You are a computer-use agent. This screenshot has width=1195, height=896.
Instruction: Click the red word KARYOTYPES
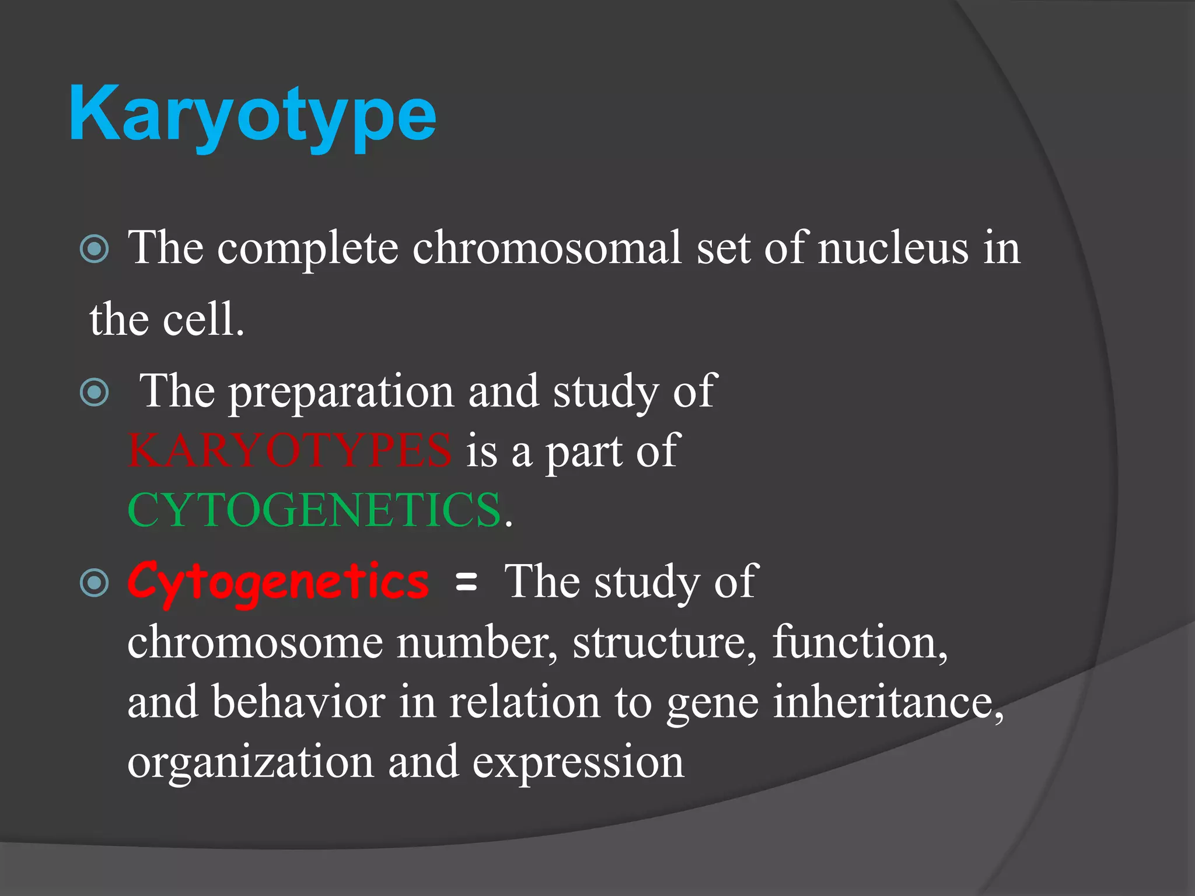[x=290, y=450]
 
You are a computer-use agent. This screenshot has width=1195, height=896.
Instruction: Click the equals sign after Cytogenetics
[x=466, y=582]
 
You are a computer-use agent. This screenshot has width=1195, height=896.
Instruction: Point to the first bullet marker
[x=95, y=249]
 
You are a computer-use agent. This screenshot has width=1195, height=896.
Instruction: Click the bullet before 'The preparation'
[x=95, y=392]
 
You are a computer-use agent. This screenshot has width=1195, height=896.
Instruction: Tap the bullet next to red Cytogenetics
[x=95, y=582]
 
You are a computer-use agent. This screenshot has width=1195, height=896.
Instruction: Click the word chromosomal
[x=547, y=248]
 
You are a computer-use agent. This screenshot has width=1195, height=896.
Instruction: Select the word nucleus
[x=893, y=248]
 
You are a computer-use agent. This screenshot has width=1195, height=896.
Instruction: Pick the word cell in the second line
[x=198, y=320]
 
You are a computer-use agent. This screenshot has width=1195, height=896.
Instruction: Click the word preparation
[x=341, y=392]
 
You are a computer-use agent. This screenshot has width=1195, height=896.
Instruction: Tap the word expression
[x=578, y=762]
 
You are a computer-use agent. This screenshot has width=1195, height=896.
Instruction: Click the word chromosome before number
[x=255, y=643]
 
